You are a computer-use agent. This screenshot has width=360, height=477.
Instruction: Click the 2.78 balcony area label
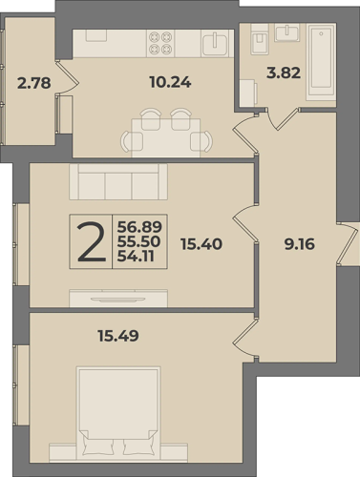[34, 83]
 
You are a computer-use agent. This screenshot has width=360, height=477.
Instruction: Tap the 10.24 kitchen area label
[170, 83]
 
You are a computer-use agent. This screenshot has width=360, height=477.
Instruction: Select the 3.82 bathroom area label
[284, 73]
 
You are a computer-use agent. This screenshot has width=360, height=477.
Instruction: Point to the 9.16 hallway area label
[300, 244]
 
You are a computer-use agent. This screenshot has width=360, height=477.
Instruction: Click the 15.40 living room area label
[201, 244]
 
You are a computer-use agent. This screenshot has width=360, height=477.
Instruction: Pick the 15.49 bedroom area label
[118, 336]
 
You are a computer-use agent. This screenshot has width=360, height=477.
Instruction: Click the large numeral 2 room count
[92, 242]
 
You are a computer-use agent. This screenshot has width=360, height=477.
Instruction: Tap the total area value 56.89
[139, 227]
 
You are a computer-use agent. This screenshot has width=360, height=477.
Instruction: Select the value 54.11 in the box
[136, 257]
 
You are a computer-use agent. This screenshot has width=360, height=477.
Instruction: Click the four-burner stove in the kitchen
[160, 43]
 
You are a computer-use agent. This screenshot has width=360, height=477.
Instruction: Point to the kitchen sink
[215, 44]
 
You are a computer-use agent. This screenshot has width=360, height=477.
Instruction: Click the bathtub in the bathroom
[321, 61]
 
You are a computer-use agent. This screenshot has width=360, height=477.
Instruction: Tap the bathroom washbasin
[287, 32]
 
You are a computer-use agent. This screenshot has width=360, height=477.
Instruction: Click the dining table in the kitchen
[166, 137]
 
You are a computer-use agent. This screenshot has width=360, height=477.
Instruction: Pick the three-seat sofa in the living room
[118, 182]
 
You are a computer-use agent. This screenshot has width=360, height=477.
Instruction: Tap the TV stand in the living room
[118, 299]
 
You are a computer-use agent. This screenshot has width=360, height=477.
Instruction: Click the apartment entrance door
[348, 243]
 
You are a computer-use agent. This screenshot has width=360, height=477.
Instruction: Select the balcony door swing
[67, 77]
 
